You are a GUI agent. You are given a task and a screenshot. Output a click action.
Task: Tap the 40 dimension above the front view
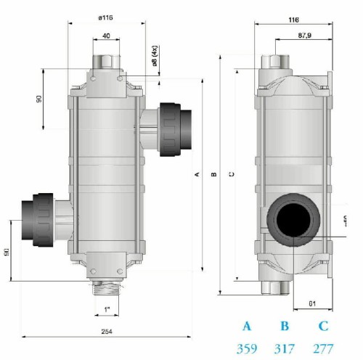(x=107, y=35)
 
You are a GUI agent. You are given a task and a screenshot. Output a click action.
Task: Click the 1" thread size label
(x=107, y=313)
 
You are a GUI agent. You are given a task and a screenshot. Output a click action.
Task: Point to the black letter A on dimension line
(x=196, y=174)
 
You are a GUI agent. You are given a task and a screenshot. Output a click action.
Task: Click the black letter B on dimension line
(x=213, y=174)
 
